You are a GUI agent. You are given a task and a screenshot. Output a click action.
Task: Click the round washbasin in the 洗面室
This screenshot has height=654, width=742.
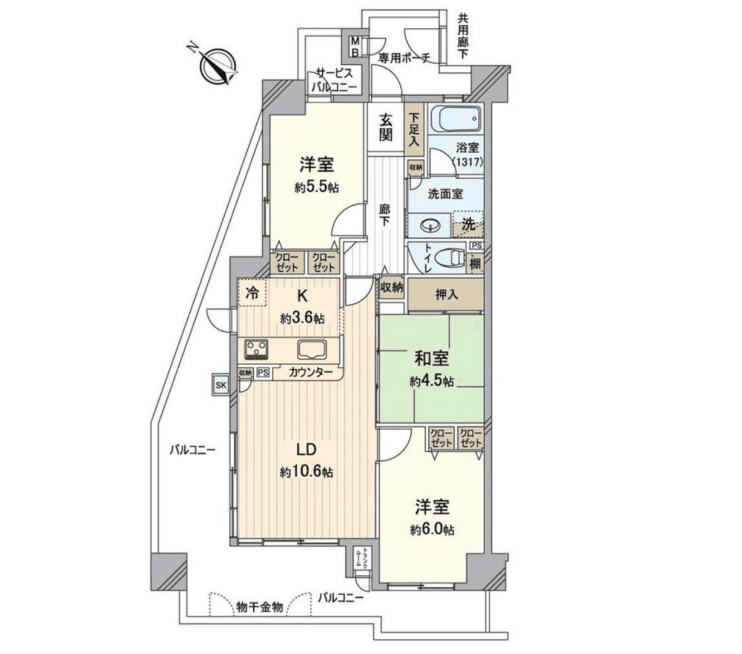(431, 226)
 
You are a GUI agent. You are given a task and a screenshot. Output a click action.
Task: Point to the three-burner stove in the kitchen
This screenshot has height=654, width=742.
(256, 349)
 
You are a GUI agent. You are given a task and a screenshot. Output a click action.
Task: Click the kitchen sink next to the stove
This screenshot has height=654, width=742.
(312, 349)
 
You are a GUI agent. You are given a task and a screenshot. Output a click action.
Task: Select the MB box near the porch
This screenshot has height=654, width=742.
(356, 47)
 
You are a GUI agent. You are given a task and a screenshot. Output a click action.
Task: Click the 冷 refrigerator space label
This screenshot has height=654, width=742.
(251, 294)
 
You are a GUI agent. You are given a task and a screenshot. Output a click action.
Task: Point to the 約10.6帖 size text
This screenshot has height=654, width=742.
(306, 472)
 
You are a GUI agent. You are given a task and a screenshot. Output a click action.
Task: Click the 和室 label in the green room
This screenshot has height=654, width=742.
(431, 358)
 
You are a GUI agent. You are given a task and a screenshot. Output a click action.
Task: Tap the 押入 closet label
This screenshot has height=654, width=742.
(446, 295)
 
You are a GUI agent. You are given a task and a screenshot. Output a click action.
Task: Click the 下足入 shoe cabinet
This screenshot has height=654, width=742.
(414, 129)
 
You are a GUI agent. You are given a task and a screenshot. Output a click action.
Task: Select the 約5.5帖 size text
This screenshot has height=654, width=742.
(317, 188)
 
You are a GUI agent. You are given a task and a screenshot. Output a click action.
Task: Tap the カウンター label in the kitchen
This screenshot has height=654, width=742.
(310, 372)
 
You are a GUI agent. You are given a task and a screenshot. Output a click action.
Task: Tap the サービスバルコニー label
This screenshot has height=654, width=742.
(334, 79)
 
